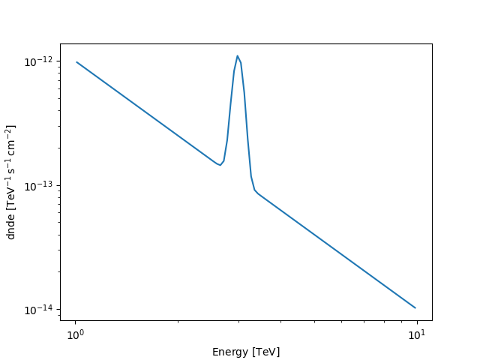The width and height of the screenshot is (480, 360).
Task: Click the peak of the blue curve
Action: pos(237,55)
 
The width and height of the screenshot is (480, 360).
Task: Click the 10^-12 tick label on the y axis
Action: pos(42,61)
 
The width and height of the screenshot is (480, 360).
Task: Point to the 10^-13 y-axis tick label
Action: pos(42,186)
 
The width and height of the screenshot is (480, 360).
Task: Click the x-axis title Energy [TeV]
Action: pos(246,352)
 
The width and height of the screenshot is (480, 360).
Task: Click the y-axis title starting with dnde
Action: pos(11,182)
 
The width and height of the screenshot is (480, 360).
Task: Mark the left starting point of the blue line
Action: pos(76,62)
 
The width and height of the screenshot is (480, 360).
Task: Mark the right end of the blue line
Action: pos(415,307)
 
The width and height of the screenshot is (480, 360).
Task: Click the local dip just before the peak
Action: pos(220,165)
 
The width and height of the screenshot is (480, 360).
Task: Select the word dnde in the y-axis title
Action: pos(11,227)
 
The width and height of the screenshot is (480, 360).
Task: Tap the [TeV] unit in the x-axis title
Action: pos(266,352)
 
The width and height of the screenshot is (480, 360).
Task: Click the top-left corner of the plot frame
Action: pos(60,43)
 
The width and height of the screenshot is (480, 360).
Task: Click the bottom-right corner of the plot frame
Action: pos(432,320)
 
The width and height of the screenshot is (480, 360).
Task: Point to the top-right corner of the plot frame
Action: pos(432,43)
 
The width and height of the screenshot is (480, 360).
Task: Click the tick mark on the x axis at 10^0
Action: pos(75,321)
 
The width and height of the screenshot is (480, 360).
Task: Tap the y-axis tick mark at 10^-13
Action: pos(60,186)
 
